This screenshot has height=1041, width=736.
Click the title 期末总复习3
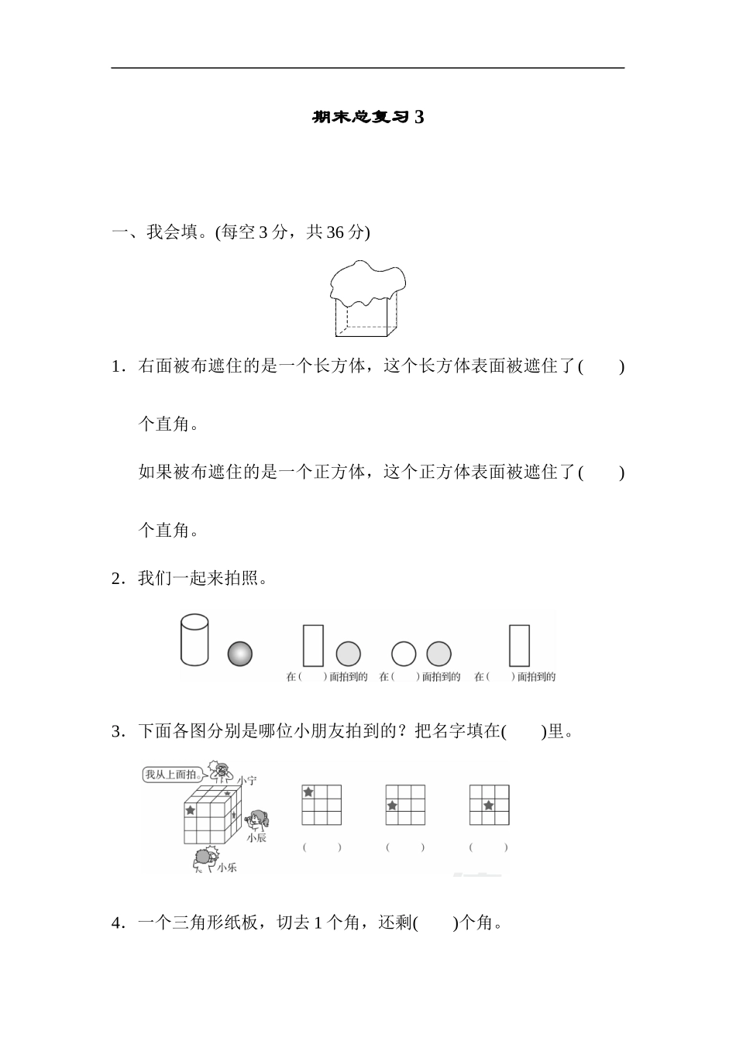[368, 118]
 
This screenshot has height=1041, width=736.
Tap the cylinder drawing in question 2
[194, 640]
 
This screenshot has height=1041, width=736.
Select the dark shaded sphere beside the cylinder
[240, 654]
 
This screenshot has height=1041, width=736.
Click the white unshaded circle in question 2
[404, 654]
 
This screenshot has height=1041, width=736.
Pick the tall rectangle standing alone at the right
[519, 645]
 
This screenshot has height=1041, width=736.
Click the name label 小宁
[246, 781]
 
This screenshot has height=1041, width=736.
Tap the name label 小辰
[256, 837]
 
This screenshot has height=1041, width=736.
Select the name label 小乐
[227, 867]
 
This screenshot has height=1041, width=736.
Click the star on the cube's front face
[191, 810]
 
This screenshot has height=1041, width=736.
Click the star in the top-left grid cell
[308, 792]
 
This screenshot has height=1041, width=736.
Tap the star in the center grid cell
[489, 806]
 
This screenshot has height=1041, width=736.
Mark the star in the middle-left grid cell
[392, 806]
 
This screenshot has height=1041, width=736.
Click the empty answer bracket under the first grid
[322, 847]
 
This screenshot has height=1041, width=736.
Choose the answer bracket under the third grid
[489, 847]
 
